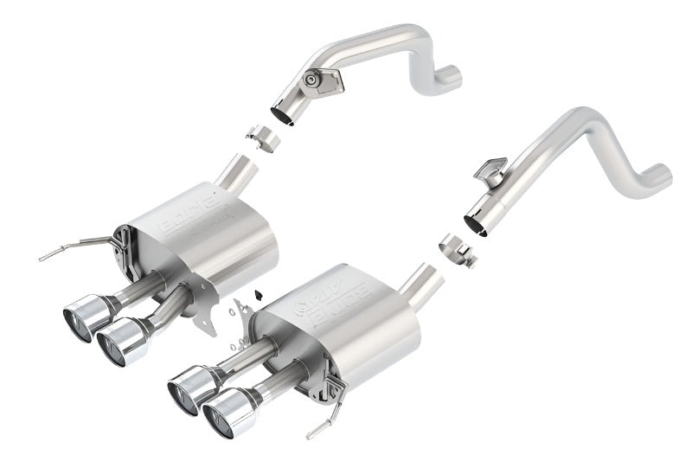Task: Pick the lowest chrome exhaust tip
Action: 227,409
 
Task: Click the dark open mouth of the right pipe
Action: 474,224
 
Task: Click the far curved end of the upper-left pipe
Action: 449,77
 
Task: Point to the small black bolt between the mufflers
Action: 257,295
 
